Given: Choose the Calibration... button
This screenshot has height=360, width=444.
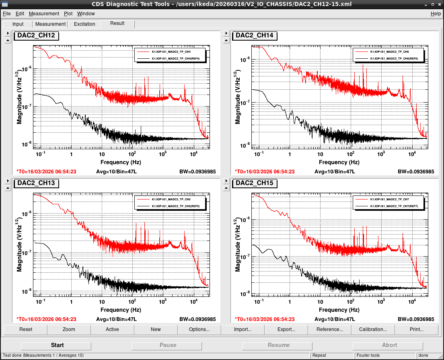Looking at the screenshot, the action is [x=373, y=329].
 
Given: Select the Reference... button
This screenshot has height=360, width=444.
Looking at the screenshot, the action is [x=330, y=329].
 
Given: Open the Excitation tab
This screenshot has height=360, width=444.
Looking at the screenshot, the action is [x=84, y=24].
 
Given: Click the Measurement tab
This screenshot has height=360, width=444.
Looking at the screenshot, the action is [x=50, y=24].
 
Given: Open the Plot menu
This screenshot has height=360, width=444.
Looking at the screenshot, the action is [x=68, y=14].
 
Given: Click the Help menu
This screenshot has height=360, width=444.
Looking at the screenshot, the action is [x=436, y=14].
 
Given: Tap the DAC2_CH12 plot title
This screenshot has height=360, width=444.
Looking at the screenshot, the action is [x=36, y=35].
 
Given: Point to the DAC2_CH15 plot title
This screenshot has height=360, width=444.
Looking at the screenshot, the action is [x=255, y=183].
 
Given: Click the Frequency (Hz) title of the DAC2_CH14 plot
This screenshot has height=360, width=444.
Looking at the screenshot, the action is [x=339, y=162].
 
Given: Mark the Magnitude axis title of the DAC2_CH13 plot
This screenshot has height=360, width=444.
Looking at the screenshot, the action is [x=18, y=245].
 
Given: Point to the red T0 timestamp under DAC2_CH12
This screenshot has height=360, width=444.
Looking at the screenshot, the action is [x=46, y=172].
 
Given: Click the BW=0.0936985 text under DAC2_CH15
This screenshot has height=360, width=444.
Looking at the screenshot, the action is [x=416, y=319].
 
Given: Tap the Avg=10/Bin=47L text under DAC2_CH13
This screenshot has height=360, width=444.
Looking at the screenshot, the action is [x=116, y=319].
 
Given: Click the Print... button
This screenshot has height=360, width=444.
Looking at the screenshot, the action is [x=417, y=329].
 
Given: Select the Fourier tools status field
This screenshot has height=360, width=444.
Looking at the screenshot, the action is [x=368, y=356].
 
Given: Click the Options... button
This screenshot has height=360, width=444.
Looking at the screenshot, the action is [x=199, y=329].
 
